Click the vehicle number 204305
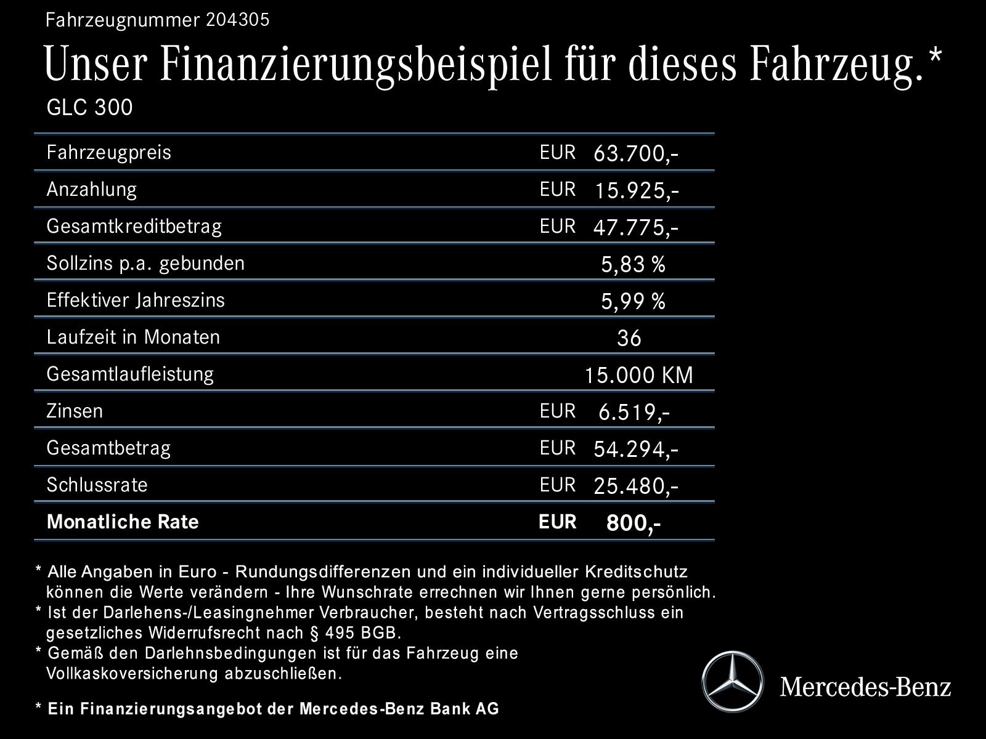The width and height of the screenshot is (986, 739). [x=237, y=20]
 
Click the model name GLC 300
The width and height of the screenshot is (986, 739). [x=90, y=108]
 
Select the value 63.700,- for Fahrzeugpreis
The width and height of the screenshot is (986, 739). [x=635, y=154]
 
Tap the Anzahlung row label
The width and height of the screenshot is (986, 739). [x=92, y=189]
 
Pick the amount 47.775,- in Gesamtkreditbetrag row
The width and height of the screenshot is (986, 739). [x=635, y=228]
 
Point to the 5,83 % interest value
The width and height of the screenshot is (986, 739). [x=633, y=265]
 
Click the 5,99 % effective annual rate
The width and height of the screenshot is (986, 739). [x=633, y=302]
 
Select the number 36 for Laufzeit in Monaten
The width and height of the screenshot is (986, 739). [x=629, y=338]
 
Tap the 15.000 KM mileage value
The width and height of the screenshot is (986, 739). [x=638, y=375]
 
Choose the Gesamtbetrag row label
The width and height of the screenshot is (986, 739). [x=108, y=448]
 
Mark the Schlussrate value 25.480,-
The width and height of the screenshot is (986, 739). [x=635, y=487]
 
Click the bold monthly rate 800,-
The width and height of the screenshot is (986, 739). [x=633, y=523]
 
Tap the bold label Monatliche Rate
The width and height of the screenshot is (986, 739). [x=123, y=522]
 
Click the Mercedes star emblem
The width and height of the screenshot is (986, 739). [x=732, y=682]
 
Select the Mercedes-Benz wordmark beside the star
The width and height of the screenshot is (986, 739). [x=865, y=686]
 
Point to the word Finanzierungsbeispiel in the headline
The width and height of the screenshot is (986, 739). [x=357, y=64]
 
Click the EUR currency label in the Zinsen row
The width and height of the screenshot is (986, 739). [x=557, y=411]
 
